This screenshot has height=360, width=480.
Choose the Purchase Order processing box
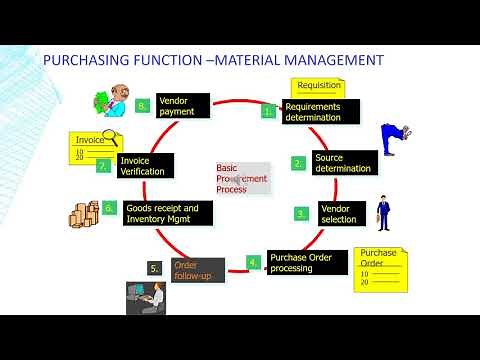click(306, 262)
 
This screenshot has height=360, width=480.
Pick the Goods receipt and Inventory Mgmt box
click(161, 213)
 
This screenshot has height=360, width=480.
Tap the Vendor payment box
click(182, 105)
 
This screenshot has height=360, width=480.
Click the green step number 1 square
click(268, 112)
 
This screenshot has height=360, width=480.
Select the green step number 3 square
click(300, 213)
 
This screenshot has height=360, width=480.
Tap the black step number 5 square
click(154, 268)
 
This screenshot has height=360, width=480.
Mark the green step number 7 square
click(103, 167)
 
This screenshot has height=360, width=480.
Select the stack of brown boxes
click(81, 213)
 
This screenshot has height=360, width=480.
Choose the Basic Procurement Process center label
click(241, 178)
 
